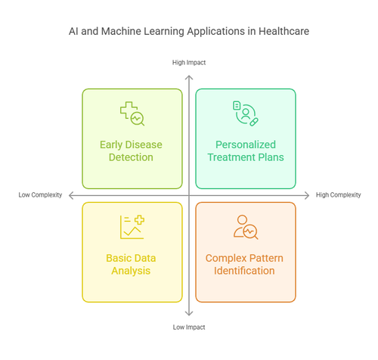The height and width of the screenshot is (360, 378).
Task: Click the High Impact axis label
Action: pos(189,63)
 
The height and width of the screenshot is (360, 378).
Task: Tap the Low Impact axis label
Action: pos(189,327)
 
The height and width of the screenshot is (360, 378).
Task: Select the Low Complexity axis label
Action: pos(40,195)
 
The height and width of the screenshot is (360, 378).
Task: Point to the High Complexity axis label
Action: pos(339,195)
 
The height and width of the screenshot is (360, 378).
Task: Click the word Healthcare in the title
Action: pos(283,31)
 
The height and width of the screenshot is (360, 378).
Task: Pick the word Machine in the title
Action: pos(121,31)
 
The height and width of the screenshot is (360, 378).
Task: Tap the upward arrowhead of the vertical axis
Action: pos(189,77)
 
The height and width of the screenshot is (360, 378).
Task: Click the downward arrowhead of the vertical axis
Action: pos(189,313)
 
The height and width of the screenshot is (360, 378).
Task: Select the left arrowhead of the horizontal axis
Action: pos(71,195)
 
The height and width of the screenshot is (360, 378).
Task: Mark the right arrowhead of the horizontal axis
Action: pos(307,195)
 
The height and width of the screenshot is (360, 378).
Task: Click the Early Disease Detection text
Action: pos(131,151)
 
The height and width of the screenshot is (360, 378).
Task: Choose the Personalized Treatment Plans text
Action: pos(246,151)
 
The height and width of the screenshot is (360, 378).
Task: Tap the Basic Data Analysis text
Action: pos(131,265)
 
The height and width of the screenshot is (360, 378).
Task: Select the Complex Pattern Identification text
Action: pos(244,265)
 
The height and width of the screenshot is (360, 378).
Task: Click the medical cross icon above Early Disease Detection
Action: pos(126,109)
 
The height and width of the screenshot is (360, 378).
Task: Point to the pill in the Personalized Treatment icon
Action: pos(254,122)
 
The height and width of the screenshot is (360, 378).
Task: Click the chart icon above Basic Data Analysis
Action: pos(132,227)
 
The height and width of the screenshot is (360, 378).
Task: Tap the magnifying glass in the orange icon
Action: pos(250,231)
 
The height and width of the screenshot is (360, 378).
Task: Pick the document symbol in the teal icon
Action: pos(237,105)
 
